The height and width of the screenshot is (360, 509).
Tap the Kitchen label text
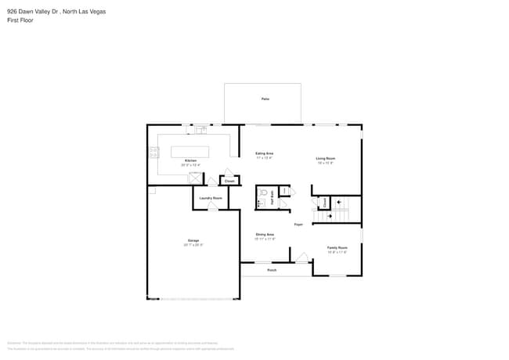(x=190, y=160)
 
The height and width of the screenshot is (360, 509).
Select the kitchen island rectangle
(x=190, y=151)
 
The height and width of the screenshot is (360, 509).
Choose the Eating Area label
(x=264, y=153)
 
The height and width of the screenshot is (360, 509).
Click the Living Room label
(x=326, y=159)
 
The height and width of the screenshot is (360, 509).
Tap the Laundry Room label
(x=211, y=198)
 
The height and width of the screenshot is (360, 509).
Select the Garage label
(x=193, y=240)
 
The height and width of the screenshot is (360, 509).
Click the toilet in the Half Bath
(x=265, y=192)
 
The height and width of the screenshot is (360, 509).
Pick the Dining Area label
(x=265, y=235)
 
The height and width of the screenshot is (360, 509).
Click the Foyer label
(x=298, y=225)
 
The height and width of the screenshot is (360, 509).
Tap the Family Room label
(x=337, y=247)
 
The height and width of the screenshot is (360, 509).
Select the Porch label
(x=272, y=270)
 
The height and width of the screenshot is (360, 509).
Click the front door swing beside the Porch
(x=301, y=257)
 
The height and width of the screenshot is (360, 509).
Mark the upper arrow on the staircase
(x=339, y=202)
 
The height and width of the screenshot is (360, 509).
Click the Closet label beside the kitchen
(x=229, y=181)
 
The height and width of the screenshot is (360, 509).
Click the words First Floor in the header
(x=21, y=22)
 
